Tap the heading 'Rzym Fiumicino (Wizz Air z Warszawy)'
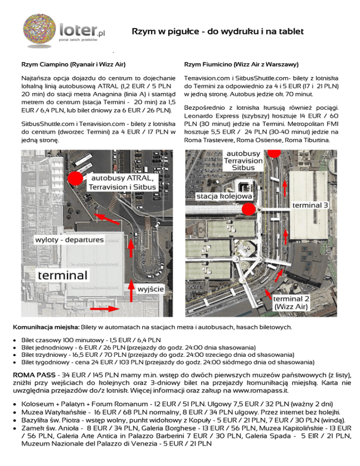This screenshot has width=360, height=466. pyautogui.click(x=242, y=64)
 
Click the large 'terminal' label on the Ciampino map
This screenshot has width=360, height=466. pyautogui.click(x=63, y=274)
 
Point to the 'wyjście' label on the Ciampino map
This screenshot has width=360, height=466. pyautogui.click(x=150, y=289)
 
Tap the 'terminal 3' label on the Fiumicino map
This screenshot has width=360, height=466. pyautogui.click(x=310, y=205)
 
